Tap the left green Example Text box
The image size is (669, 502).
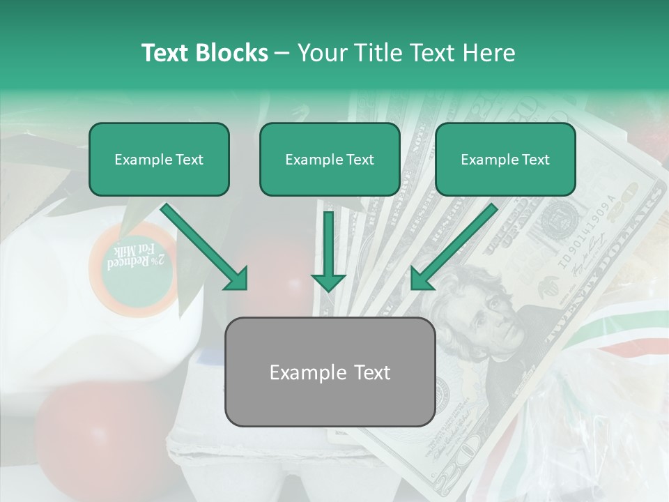pyautogui.click(x=159, y=160)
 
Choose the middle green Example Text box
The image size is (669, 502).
pyautogui.click(x=330, y=160)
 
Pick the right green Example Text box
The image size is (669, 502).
pyautogui.click(x=505, y=160)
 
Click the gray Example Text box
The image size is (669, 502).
pyautogui.click(x=330, y=372)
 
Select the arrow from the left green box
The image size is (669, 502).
pyautogui.click(x=206, y=248)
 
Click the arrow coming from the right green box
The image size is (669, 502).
pyautogui.click(x=453, y=248)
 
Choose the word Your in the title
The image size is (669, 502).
pyautogui.click(x=322, y=53)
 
